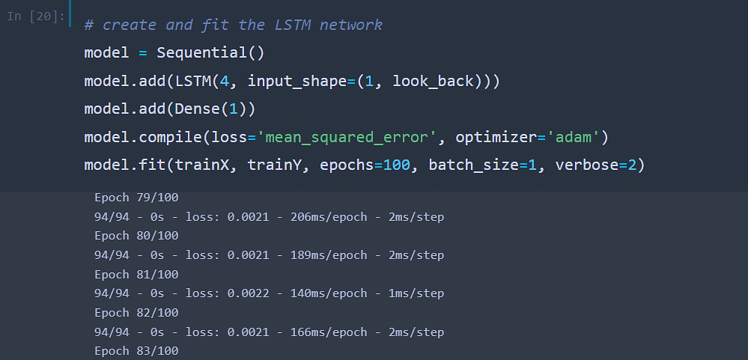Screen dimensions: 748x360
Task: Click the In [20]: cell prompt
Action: [36, 16]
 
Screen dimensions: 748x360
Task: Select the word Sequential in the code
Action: [202, 53]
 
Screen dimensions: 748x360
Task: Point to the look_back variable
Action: [434, 82]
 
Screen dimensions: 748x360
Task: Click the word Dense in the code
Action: [198, 109]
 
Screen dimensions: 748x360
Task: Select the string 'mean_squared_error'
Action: [347, 138]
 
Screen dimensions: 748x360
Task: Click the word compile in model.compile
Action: [171, 138]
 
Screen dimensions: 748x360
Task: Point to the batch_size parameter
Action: [474, 165]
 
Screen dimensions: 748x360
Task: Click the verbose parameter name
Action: [587, 165]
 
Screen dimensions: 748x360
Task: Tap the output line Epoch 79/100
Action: [136, 198]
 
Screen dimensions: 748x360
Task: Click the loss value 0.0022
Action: [248, 293]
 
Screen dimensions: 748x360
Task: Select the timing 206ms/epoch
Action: [329, 217]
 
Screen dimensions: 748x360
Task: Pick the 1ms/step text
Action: [416, 293]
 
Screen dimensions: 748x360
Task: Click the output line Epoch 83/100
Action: [136, 351]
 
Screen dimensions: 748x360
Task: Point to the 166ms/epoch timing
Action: [329, 332]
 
